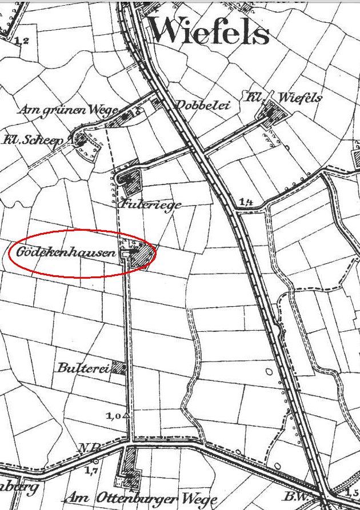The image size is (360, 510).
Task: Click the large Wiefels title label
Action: (x=209, y=31)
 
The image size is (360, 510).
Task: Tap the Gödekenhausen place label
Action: (x=66, y=252)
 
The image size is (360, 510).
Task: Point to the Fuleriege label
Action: (x=151, y=204)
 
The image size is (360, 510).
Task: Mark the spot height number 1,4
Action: (x=247, y=202)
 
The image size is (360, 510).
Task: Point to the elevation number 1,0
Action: (x=113, y=416)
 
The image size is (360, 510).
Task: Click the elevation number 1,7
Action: (x=90, y=470)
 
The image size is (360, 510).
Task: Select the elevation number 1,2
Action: (x=22, y=41)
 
